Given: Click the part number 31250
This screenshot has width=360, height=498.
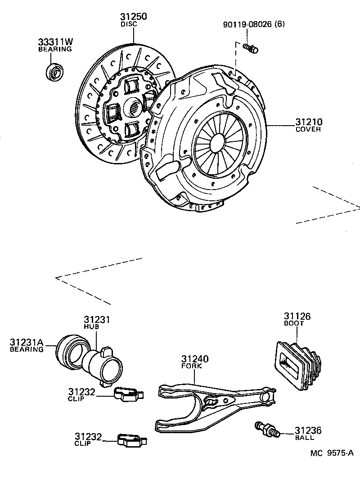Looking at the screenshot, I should click(x=133, y=17).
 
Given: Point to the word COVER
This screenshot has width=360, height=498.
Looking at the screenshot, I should click(x=308, y=130).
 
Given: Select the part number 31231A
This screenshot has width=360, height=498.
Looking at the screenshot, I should click(x=27, y=342).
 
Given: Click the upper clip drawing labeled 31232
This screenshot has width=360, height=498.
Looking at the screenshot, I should click(x=127, y=394).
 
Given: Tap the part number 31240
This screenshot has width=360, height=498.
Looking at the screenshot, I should click(x=195, y=359).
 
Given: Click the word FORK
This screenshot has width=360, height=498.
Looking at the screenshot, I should click(x=192, y=366).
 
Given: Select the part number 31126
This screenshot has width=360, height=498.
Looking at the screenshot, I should click(x=297, y=316).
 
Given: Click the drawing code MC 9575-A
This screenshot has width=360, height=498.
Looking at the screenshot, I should click(x=331, y=454).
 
